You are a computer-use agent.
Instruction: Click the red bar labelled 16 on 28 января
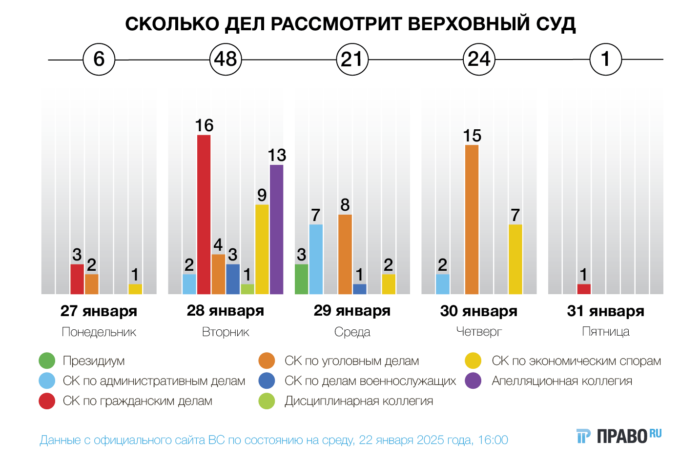click(x=204, y=214)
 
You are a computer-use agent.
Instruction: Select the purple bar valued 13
click(x=276, y=229)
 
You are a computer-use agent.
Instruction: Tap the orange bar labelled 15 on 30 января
click(x=472, y=220)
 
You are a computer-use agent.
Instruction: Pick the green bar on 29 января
click(x=301, y=279)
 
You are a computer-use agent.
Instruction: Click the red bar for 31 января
click(x=584, y=289)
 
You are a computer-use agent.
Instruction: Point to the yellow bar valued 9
click(x=262, y=249)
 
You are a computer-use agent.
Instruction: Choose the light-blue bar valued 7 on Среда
click(x=316, y=259)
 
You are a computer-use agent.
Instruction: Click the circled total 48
click(x=226, y=60)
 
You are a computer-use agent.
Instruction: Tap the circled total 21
click(x=352, y=60)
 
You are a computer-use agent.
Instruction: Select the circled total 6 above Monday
click(x=99, y=60)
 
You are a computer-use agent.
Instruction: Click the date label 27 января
click(x=99, y=311)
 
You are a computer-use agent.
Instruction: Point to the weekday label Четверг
click(x=479, y=332)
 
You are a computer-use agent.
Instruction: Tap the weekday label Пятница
click(x=606, y=332)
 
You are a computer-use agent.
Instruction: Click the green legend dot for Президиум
click(x=47, y=361)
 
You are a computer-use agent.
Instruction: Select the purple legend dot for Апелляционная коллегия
click(x=474, y=381)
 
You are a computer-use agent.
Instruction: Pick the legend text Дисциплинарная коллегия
click(x=359, y=401)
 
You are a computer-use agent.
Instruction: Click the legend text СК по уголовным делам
click(x=351, y=361)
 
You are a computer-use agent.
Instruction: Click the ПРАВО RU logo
click(x=619, y=436)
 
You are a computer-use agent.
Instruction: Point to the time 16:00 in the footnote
click(x=493, y=440)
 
